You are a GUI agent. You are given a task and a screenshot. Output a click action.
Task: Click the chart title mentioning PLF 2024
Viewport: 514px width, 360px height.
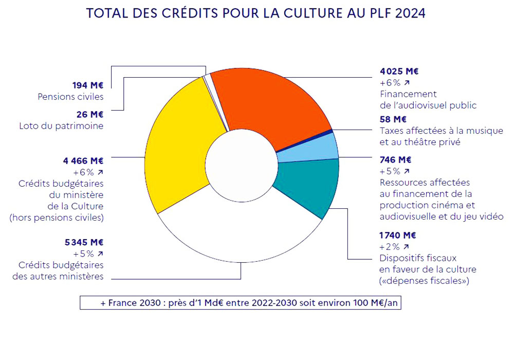tap(256, 13)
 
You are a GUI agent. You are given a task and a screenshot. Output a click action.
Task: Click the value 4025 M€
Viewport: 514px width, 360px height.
tap(395, 71)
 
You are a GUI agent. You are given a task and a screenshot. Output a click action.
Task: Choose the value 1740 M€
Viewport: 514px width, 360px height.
tap(397, 236)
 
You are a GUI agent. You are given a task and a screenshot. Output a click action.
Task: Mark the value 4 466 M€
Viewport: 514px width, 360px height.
tap(85, 161)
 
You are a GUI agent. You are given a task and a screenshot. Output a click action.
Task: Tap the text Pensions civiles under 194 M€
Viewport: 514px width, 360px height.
tap(70, 96)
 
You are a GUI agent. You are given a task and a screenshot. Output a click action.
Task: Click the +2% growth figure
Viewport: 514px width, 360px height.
tap(390, 246)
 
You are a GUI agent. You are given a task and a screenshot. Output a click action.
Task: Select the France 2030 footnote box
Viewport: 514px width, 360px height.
tap(241, 303)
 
